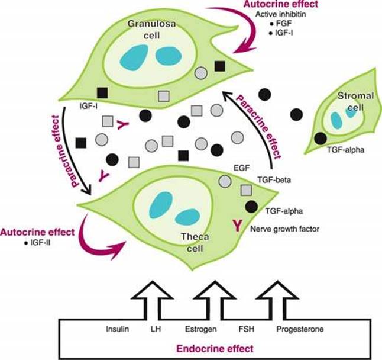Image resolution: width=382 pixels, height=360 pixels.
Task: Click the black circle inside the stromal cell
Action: [x=320, y=139]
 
